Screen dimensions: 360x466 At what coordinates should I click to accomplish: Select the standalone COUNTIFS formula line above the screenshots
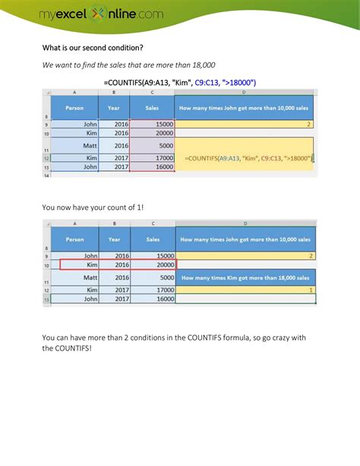click(180, 82)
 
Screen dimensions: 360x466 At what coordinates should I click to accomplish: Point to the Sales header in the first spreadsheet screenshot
click(151, 108)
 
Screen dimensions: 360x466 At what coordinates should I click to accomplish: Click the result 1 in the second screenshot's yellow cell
click(311, 290)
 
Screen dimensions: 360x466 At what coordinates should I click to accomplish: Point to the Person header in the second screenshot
click(75, 239)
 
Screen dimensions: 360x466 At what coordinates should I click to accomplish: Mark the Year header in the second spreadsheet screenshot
click(114, 239)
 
